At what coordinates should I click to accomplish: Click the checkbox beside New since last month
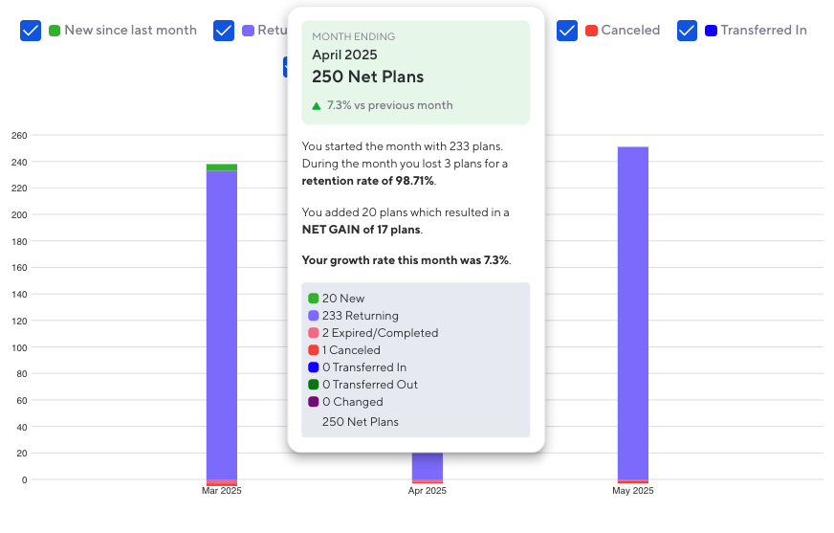[31, 31]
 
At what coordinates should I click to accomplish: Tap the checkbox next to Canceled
[567, 31]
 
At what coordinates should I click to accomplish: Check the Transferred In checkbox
[687, 31]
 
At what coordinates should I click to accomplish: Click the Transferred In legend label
[763, 31]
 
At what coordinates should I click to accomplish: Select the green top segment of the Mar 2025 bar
[222, 167]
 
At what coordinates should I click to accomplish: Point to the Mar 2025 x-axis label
[222, 491]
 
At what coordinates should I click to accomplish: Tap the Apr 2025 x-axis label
[428, 491]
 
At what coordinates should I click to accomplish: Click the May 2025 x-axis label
[633, 491]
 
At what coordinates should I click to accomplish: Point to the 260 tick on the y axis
[19, 135]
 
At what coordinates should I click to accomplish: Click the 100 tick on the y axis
[19, 347]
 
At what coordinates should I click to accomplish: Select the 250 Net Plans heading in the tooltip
[367, 77]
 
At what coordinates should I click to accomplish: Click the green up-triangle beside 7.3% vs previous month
[317, 105]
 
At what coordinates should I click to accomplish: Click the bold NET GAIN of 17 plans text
[361, 229]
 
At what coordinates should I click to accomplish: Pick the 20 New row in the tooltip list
[342, 299]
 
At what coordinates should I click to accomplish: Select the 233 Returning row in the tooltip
[360, 316]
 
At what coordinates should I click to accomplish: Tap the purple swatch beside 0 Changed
[314, 402]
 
